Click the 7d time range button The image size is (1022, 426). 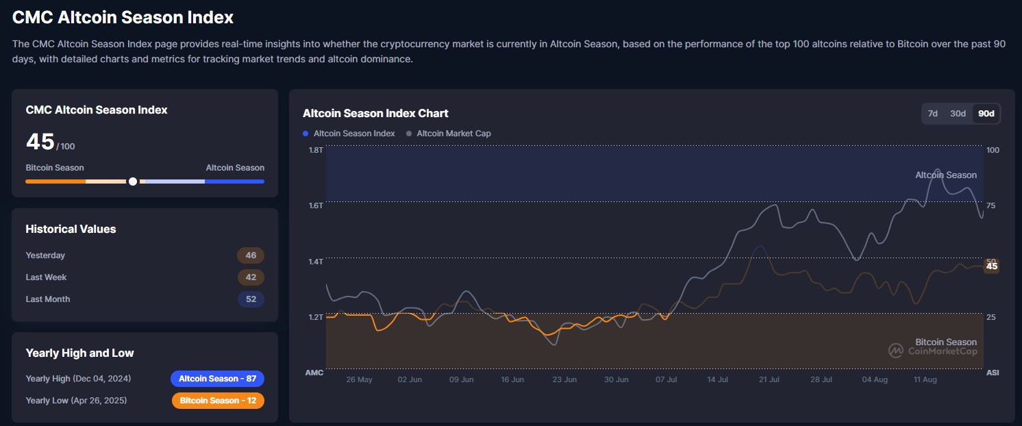click(x=932, y=114)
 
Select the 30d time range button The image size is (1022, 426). click(x=958, y=114)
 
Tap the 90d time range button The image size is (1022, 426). click(x=986, y=114)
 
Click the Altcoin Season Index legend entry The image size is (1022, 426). click(x=349, y=134)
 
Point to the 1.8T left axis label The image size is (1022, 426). click(x=316, y=150)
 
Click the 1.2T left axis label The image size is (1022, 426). click(x=316, y=317)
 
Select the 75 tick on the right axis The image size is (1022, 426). click(x=990, y=205)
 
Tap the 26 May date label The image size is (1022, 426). click(x=359, y=379)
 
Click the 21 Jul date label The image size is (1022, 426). click(x=769, y=379)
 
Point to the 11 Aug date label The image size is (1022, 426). click(x=925, y=379)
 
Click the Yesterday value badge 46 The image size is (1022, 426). click(x=251, y=255)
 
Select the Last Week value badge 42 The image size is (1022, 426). click(x=251, y=277)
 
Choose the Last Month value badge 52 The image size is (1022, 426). click(x=251, y=299)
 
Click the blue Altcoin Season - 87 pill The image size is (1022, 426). click(x=217, y=379)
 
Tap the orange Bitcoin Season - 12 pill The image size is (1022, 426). click(x=218, y=401)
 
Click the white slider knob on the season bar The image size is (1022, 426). click(x=133, y=181)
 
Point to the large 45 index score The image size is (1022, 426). click(x=40, y=142)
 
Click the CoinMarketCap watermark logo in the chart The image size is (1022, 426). click(x=896, y=351)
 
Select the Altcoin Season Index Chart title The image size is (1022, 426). click(x=375, y=113)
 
